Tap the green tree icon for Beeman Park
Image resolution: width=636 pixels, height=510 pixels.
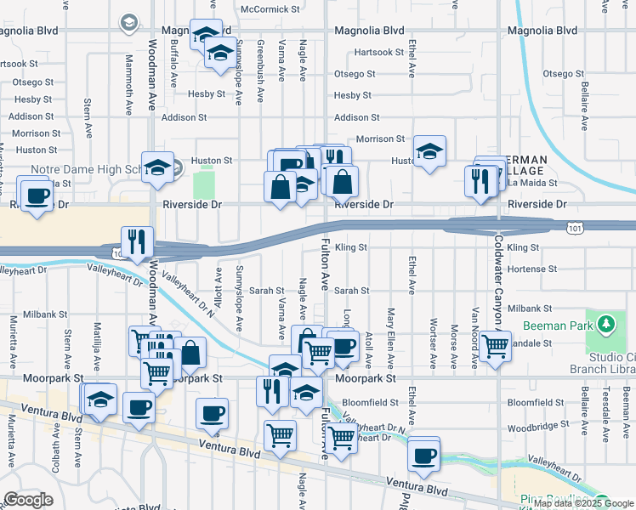coord(605,324)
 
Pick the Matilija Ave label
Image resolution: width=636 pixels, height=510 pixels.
coord(99,341)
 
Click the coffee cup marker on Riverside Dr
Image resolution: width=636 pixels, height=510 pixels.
coord(37,195)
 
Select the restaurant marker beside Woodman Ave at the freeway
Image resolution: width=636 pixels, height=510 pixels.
coord(137,241)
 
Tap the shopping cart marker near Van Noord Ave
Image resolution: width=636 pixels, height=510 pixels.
coord(495,346)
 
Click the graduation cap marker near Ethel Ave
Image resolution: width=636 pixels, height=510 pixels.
coord(430,151)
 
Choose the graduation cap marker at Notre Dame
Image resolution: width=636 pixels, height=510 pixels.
coord(156,167)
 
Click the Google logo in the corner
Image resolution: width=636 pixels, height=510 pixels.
coord(28,500)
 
